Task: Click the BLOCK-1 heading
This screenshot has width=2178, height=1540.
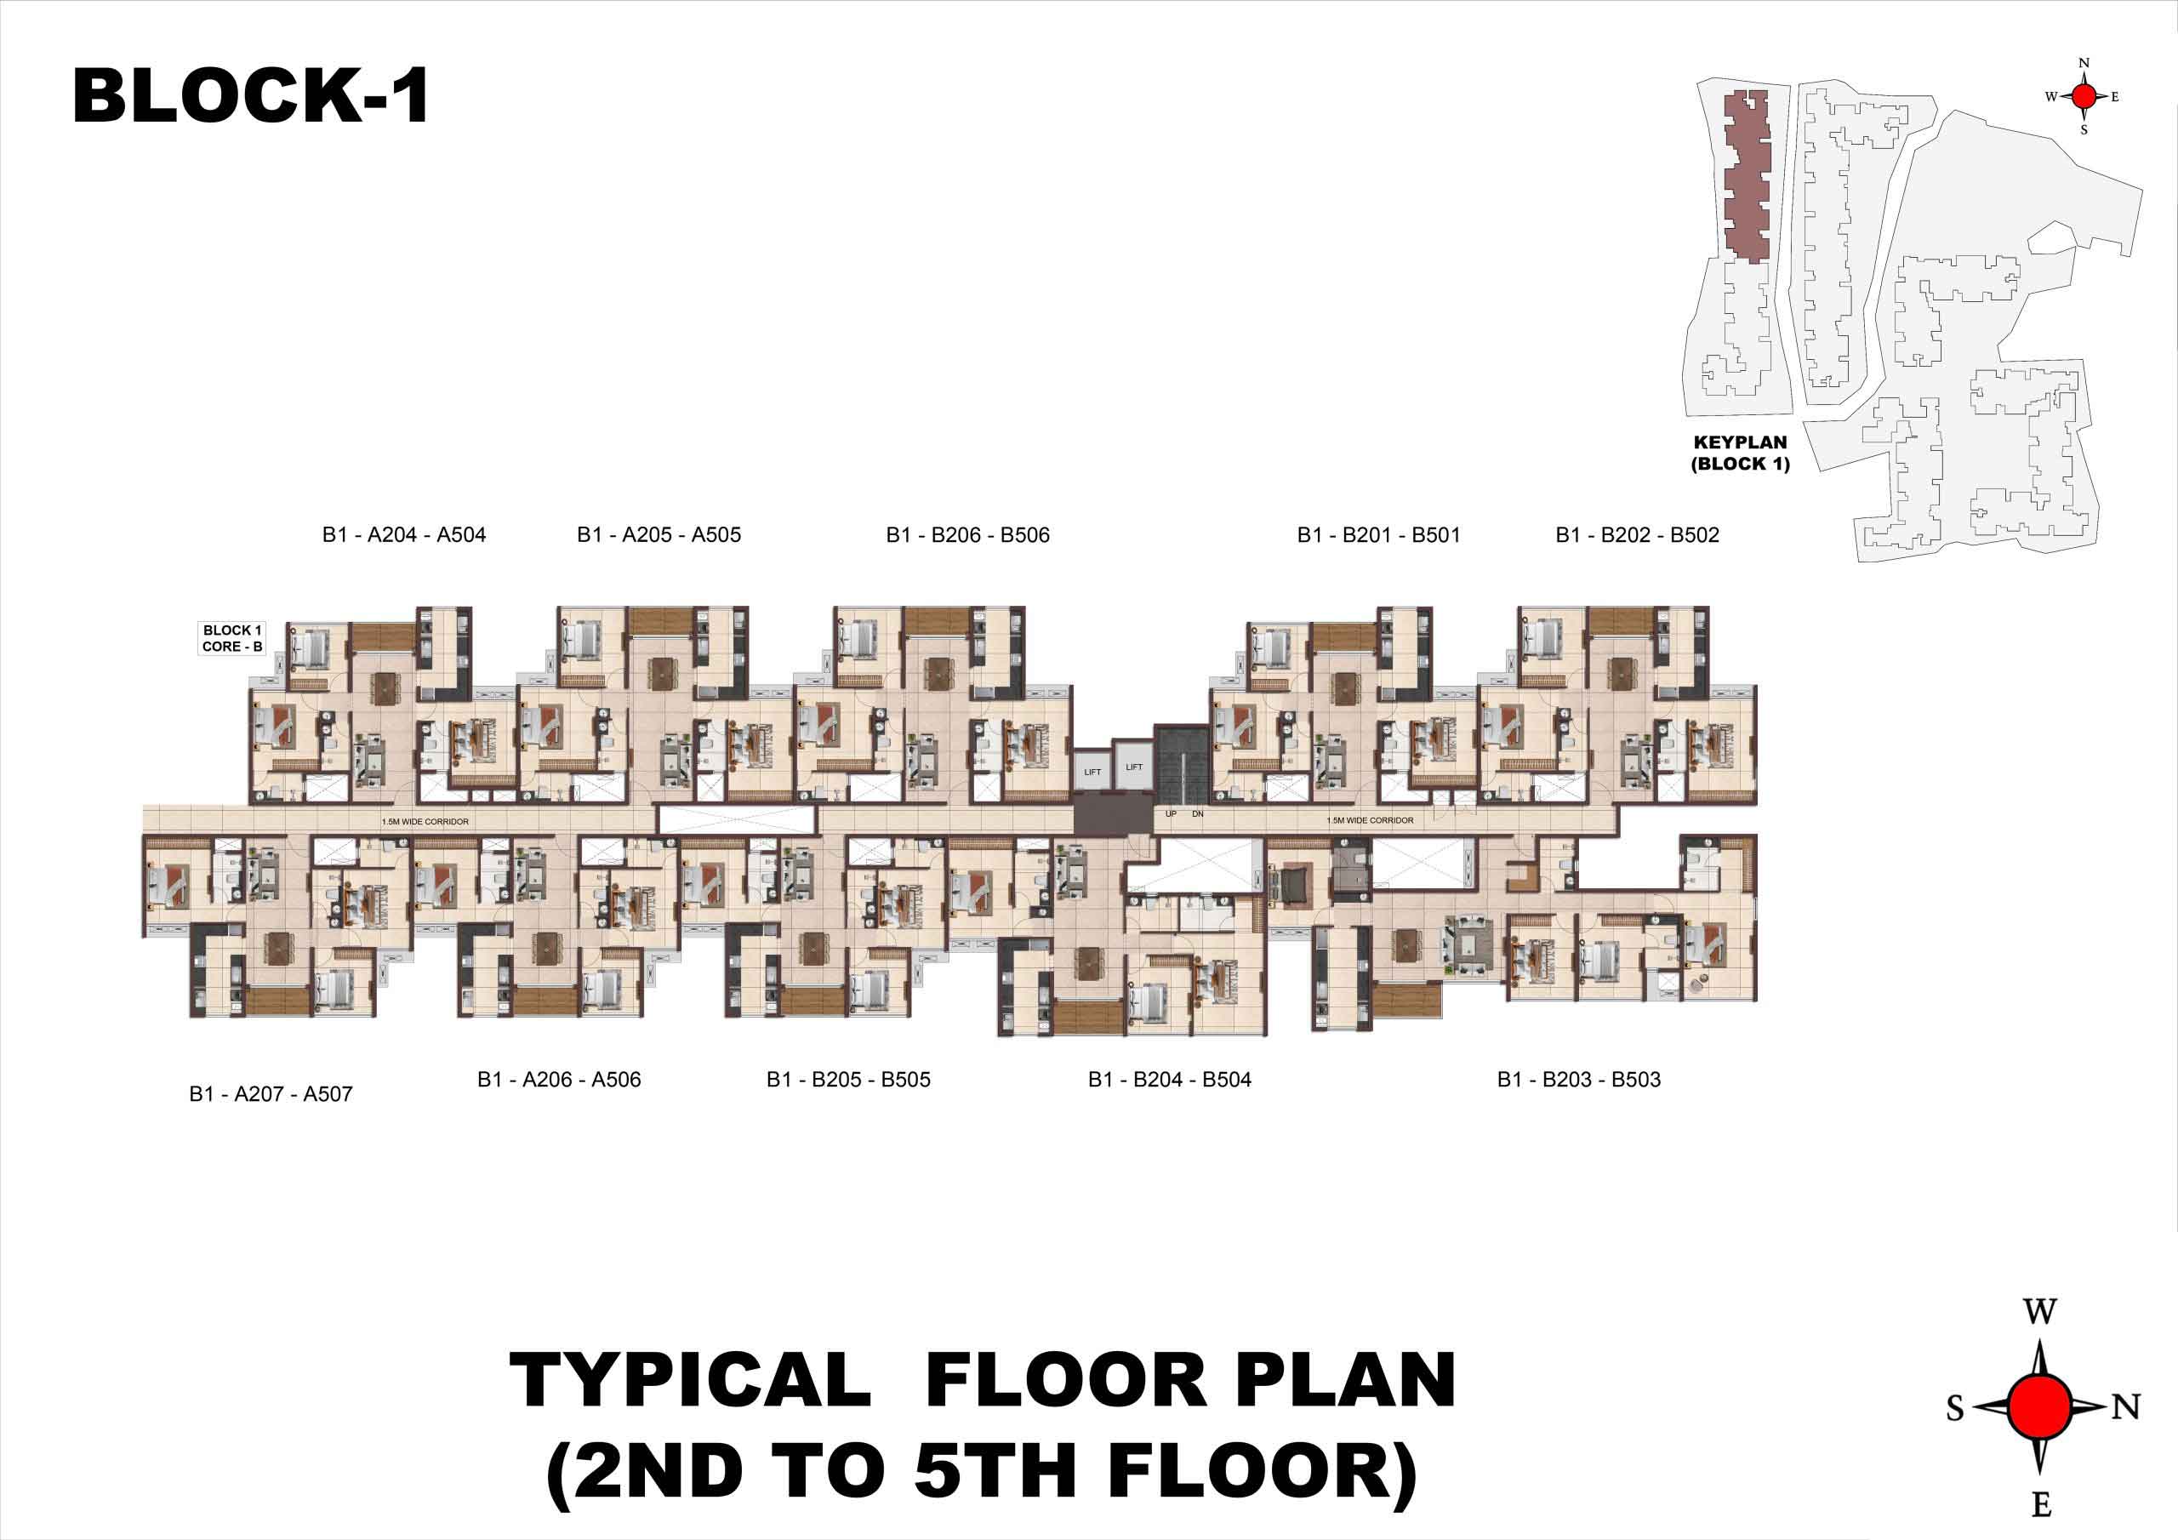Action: point(251,96)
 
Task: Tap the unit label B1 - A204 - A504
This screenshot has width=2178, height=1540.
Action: point(404,535)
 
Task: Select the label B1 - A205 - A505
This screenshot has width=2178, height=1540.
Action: point(659,535)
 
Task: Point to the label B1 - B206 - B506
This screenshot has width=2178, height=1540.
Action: point(967,535)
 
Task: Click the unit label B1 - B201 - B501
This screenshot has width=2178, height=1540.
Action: point(1378,535)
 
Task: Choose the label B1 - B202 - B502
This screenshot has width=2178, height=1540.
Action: point(1637,535)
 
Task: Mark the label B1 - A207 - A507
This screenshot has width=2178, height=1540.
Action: point(271,1094)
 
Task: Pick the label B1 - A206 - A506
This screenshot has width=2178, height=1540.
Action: point(559,1079)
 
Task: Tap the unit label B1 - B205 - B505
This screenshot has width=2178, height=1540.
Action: point(848,1079)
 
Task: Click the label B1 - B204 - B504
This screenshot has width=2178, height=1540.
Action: point(1170,1079)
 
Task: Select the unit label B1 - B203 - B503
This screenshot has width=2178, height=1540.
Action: point(1578,1079)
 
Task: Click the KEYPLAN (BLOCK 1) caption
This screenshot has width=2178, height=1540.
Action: point(1740,453)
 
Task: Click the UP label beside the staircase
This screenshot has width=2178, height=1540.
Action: point(1171,814)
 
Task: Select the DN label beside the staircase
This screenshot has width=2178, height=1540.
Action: point(1197,814)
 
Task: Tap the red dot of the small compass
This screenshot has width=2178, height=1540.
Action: point(2084,96)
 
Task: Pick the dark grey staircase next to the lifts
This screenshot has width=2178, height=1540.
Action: point(1181,765)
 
